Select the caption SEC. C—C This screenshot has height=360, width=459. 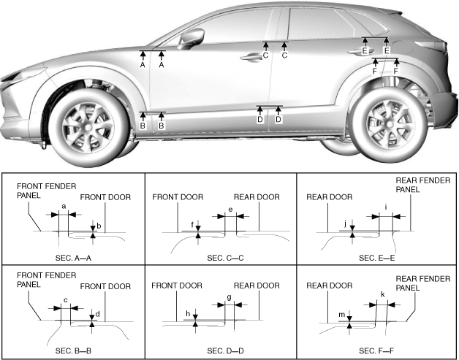click(226, 258)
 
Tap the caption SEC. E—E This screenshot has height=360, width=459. click(378, 258)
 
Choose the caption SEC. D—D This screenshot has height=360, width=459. click(226, 351)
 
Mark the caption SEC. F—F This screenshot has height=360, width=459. click(378, 351)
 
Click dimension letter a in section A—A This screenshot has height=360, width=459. click(63, 207)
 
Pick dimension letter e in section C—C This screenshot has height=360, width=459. click(230, 210)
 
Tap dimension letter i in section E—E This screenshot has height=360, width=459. click(385, 207)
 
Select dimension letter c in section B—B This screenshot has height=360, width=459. click(65, 299)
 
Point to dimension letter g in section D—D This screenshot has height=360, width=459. click(229, 297)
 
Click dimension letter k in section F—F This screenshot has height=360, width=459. click(382, 294)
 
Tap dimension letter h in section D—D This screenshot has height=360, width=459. click(188, 314)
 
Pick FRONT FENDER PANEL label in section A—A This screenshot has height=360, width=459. click(45, 191)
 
